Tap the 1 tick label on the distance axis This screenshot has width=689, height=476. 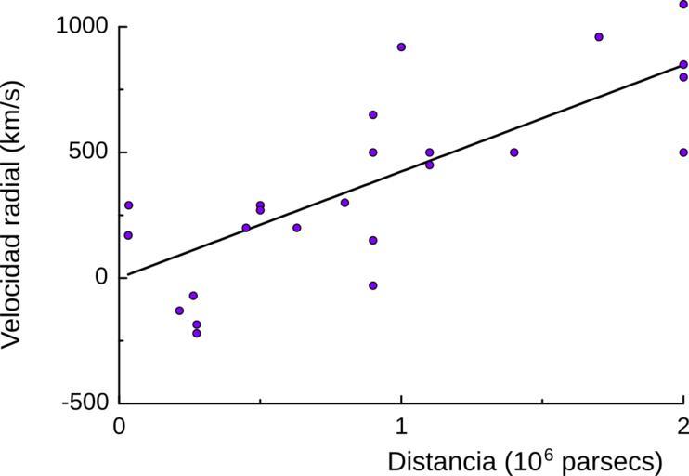tap(401, 425)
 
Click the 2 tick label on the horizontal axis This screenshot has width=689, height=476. tap(682, 425)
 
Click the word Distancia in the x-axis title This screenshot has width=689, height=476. tap(439, 462)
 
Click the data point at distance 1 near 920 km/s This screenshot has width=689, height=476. tap(401, 46)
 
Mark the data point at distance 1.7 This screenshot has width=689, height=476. tap(599, 37)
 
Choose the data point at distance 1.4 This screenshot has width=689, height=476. tap(513, 152)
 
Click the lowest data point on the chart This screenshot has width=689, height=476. tap(197, 333)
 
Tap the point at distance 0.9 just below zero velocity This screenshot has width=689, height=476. tap(373, 285)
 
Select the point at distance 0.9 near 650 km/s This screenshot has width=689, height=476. tap(373, 114)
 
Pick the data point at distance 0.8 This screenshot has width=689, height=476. tap(344, 202)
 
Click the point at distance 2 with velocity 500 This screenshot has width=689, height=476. tap(683, 152)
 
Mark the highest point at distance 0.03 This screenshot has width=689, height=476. tap(128, 205)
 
